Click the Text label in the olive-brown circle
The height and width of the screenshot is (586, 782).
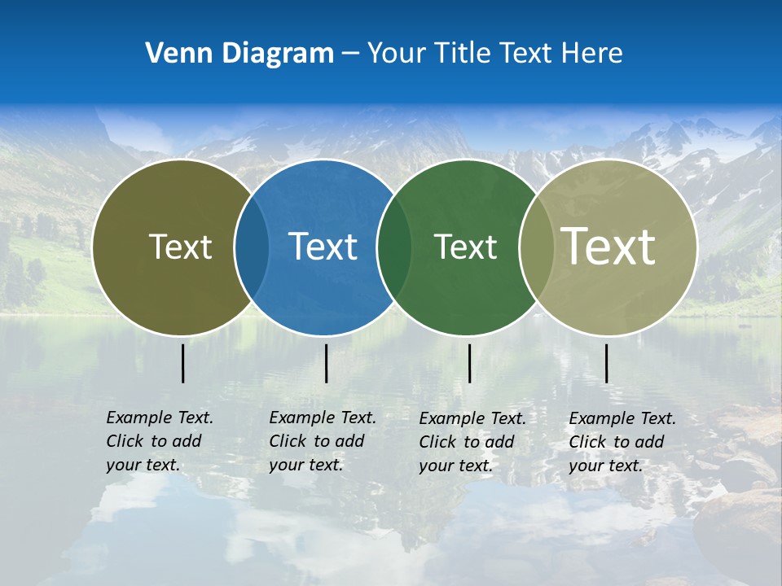click(x=180, y=247)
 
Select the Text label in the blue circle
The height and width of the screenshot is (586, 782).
click(x=323, y=247)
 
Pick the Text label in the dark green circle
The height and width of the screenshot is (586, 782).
click(x=465, y=247)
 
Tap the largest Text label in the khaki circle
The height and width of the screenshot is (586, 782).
click(x=608, y=246)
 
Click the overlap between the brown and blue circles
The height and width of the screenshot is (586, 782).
click(x=252, y=247)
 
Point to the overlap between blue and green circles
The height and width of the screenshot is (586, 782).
click(x=394, y=247)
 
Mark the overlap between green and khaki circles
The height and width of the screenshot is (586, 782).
click(x=536, y=247)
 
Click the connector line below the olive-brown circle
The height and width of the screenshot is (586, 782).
click(x=183, y=363)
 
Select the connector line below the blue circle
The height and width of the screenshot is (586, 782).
click(x=326, y=363)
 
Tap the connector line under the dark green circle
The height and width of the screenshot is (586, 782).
click(x=469, y=363)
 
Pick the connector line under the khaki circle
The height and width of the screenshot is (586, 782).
click(x=606, y=363)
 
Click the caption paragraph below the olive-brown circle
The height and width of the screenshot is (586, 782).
click(x=159, y=441)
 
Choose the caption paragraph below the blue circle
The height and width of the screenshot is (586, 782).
click(x=322, y=441)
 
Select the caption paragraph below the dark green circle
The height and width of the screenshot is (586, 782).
click(x=472, y=442)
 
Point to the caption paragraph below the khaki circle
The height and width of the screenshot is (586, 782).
click(x=622, y=442)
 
